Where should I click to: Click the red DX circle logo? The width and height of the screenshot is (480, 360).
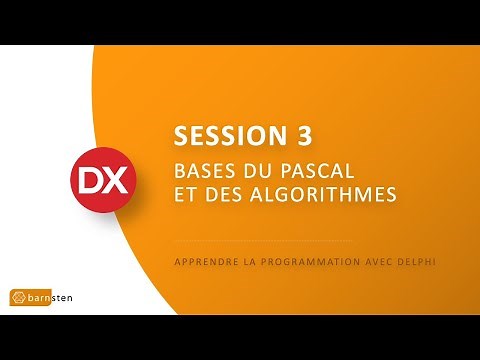[x=98, y=181]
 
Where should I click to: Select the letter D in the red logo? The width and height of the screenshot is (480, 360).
[x=87, y=181]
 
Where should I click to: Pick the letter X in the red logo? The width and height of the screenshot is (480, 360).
[x=109, y=181]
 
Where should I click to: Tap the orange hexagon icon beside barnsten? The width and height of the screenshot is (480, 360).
[x=19, y=297]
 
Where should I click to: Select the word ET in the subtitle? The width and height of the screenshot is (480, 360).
[x=185, y=192]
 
